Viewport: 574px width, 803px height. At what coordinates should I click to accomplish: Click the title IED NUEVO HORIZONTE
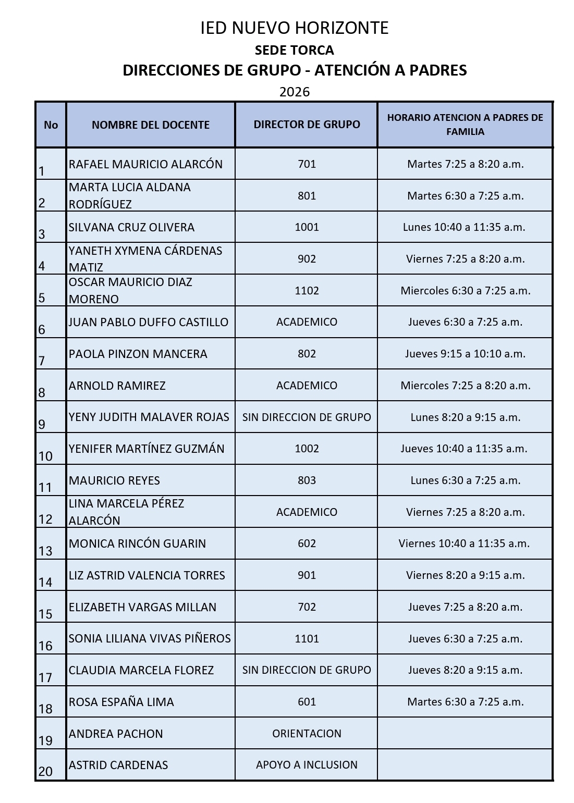pos(294,28)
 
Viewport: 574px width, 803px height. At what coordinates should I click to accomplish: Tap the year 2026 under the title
pos(294,92)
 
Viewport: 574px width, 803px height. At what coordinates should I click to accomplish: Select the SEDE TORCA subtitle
pos(294,50)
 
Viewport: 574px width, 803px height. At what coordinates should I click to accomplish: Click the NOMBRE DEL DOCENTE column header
pos(150,125)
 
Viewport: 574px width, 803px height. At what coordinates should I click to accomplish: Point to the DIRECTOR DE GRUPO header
pos(307,125)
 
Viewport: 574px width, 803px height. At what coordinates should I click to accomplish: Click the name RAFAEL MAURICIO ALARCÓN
pos(145,164)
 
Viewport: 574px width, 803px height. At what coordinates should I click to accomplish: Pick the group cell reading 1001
pos(307,227)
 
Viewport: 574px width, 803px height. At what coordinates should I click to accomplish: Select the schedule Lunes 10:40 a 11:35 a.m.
pos(464,227)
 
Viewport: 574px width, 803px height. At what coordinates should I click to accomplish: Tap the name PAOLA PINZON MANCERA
pos(138,354)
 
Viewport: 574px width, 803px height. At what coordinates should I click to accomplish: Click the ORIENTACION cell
pos(307,733)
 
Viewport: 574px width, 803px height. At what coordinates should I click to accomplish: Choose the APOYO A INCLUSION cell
pos(307,765)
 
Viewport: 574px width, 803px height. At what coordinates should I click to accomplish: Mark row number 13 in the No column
pos(46,550)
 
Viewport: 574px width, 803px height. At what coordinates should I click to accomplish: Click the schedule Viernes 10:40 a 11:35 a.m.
pos(464,543)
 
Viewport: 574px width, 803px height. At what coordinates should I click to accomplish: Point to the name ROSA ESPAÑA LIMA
pos(121,702)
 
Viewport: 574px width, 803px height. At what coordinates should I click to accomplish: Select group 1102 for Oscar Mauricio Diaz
pos(307,290)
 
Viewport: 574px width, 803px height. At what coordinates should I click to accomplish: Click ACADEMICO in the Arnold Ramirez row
pos(307,386)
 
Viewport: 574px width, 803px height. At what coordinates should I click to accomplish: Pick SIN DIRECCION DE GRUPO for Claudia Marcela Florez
pos(307,670)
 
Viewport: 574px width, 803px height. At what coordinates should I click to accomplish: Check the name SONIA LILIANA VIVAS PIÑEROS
pos(150,638)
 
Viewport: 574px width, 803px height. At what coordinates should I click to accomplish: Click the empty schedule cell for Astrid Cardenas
pos(465,765)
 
